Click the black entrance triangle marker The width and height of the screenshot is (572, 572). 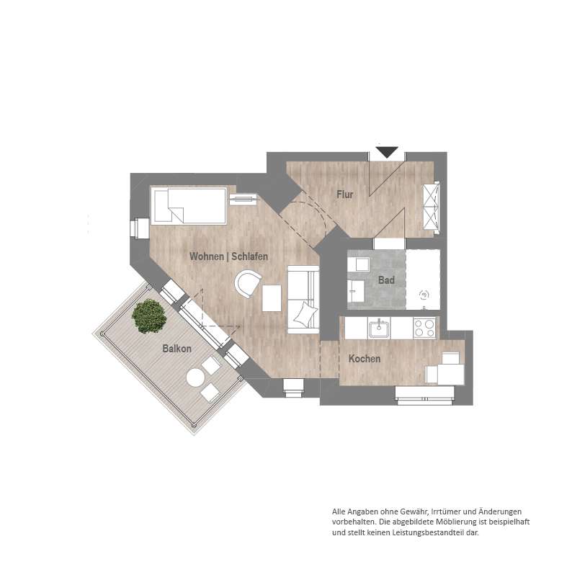coord(387,152)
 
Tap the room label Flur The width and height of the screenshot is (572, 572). coord(345,195)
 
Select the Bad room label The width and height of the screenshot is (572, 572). coord(386,280)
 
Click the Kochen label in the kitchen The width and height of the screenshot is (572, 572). coord(365,359)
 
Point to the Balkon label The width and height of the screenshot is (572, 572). coord(177,349)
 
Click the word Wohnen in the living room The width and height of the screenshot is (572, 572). coord(207,256)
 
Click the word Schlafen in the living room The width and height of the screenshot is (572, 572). coord(250,256)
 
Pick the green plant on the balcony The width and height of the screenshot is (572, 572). coord(149,316)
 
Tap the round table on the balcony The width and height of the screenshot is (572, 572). coord(195,377)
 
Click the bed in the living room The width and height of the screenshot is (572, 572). coord(189,205)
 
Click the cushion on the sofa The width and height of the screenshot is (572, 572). coord(305,314)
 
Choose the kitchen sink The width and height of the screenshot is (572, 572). coord(380,327)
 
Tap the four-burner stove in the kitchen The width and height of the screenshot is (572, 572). coord(424,328)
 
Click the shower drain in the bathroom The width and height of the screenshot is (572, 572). coord(424,295)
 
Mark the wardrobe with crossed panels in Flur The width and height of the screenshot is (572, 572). coord(431,206)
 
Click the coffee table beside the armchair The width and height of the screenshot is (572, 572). coord(272,298)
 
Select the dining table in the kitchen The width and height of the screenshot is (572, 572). coord(451,374)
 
